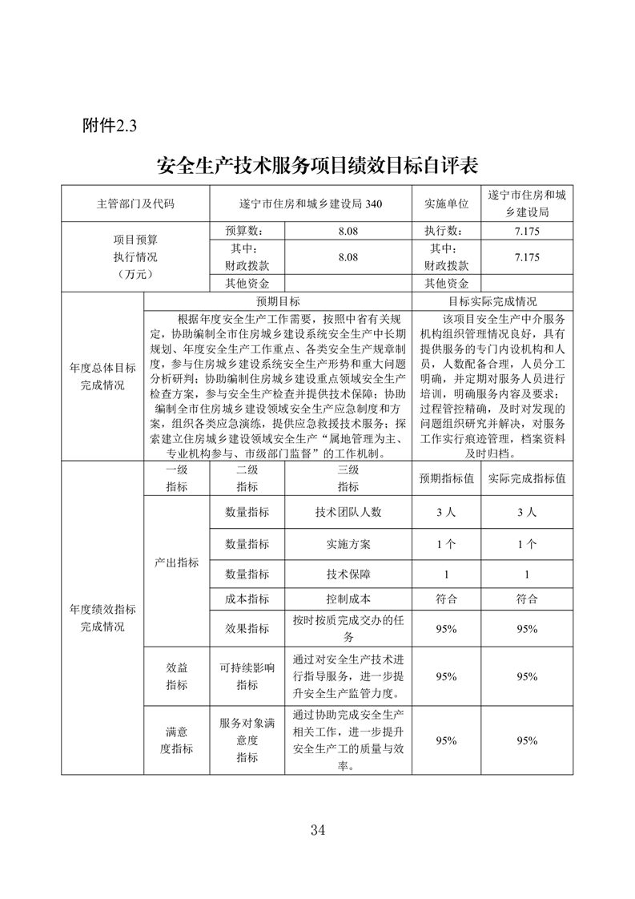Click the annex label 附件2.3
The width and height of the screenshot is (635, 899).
pyautogui.click(x=111, y=126)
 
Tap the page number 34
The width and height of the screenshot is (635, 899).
pyautogui.click(x=318, y=828)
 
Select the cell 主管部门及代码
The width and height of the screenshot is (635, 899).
pyautogui.click(x=135, y=204)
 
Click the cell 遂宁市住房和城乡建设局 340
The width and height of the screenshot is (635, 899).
pyautogui.click(x=311, y=204)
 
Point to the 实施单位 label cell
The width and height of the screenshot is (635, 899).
pyautogui.click(x=446, y=204)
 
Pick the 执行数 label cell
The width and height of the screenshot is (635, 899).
pyautogui.click(x=446, y=230)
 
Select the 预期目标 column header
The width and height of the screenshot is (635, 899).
pyautogui.click(x=278, y=301)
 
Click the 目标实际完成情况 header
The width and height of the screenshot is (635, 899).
pyautogui.click(x=492, y=301)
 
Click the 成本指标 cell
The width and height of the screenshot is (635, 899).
pyautogui.click(x=247, y=598)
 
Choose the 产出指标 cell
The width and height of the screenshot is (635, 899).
pyautogui.click(x=176, y=562)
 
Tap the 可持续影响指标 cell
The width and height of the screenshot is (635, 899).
pyautogui.click(x=247, y=675)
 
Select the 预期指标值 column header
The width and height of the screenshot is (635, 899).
pyautogui.click(x=446, y=478)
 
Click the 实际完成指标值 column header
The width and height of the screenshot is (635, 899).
pyautogui.click(x=526, y=478)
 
